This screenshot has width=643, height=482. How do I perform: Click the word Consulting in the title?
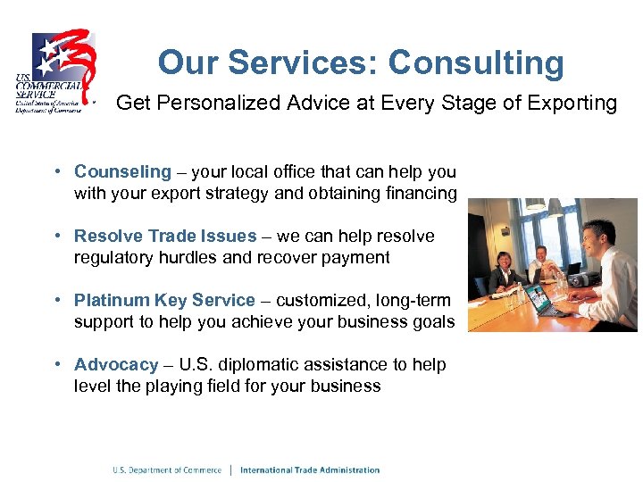coord(476,63)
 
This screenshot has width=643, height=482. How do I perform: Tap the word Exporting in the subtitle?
coord(572,103)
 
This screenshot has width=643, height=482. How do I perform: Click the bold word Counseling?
coord(122,171)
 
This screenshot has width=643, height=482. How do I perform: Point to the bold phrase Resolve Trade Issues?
coord(165,236)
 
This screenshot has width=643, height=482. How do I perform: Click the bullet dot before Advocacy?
coord(56,364)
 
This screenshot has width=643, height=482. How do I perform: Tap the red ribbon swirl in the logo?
coord(76,54)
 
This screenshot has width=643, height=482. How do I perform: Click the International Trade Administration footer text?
coord(310,470)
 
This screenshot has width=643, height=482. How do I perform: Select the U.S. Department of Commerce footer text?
coord(167,470)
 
